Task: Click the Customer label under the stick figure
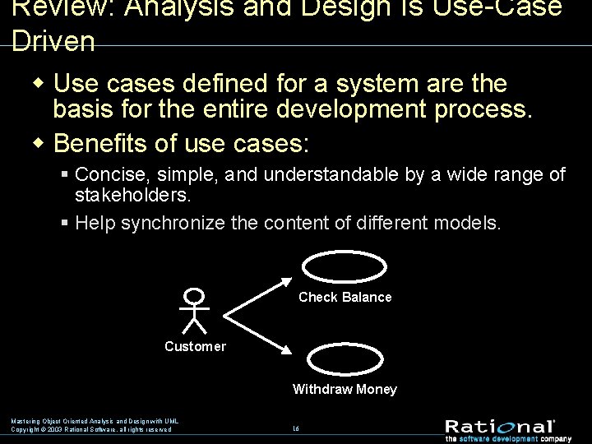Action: point(195,346)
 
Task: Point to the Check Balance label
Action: point(345,297)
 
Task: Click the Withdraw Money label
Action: point(345,389)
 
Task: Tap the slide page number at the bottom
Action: point(295,428)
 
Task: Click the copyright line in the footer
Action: point(91,429)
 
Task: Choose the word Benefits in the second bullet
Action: point(99,143)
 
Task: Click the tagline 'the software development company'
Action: point(504,437)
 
